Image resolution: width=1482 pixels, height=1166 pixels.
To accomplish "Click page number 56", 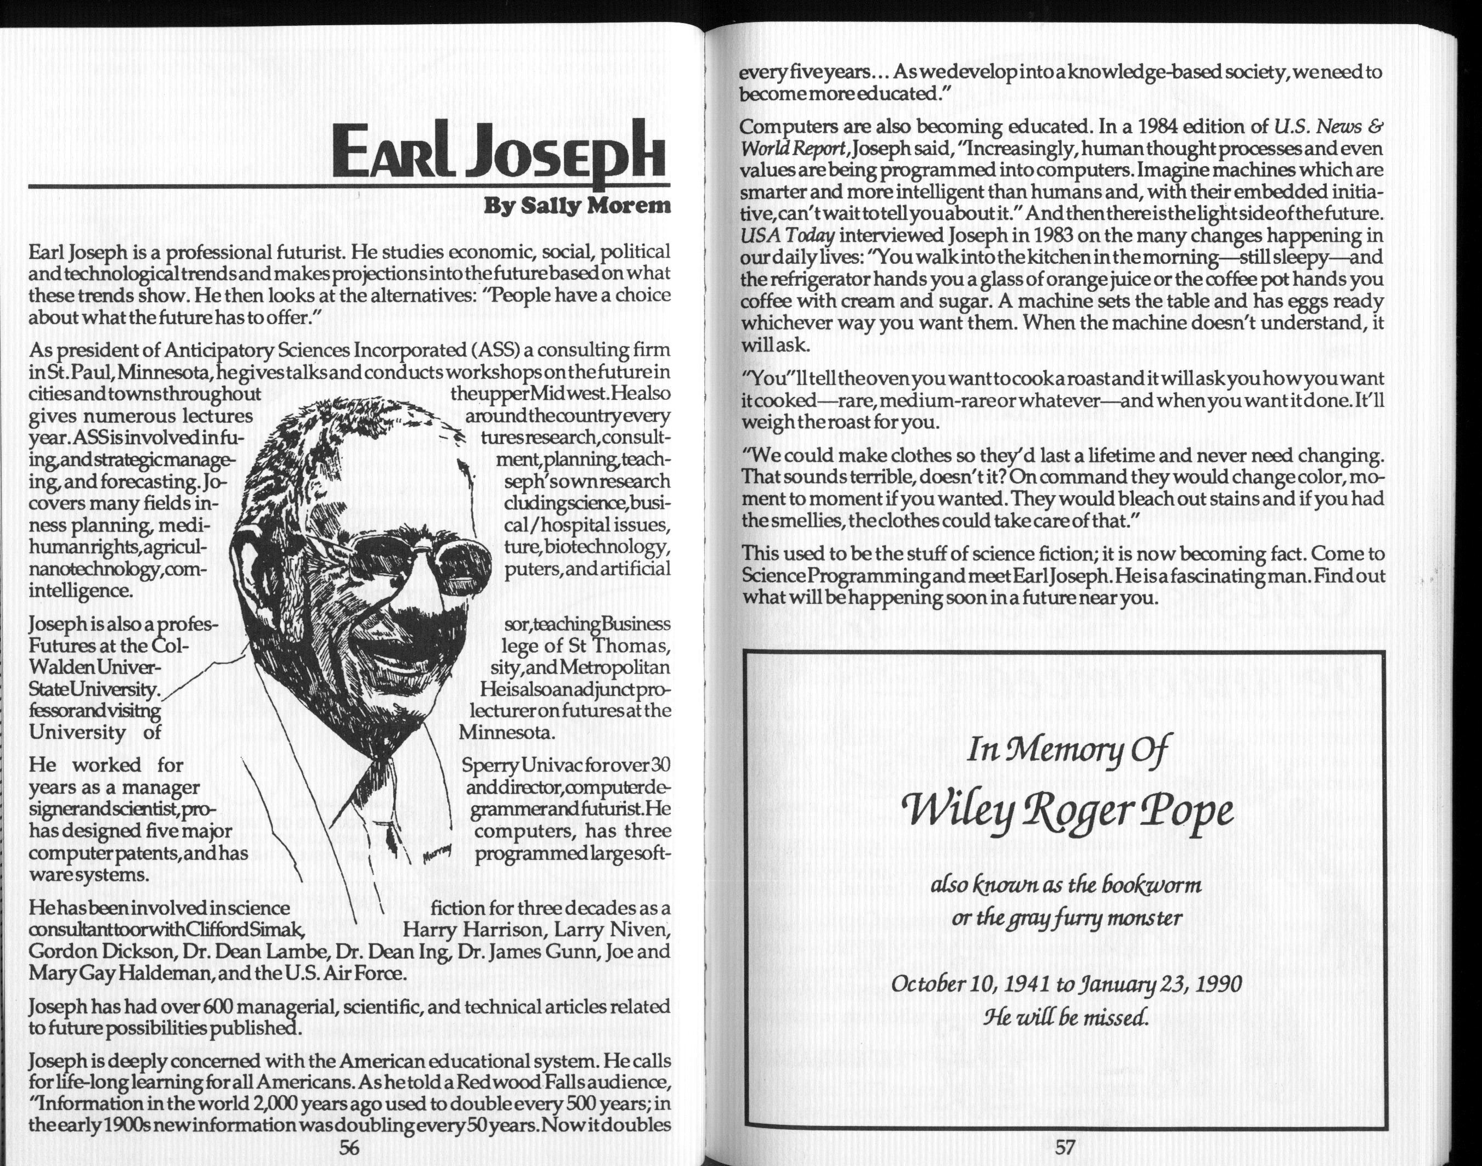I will pyautogui.click(x=349, y=1147).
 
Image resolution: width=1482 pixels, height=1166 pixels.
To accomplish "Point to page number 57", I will pyautogui.click(x=1065, y=1147).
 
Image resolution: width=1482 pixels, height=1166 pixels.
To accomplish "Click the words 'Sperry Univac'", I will pyautogui.click(x=516, y=765).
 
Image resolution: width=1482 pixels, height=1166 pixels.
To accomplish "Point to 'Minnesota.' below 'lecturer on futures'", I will pyautogui.click(x=508, y=733).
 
